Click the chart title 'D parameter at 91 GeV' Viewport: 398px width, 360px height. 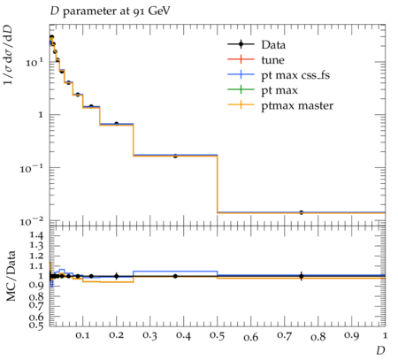[x=110, y=11]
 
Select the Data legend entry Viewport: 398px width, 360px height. [x=256, y=44]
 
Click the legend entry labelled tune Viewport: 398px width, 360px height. [x=256, y=60]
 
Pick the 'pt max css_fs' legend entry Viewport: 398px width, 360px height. [x=279, y=75]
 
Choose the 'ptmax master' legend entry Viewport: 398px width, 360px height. [x=280, y=105]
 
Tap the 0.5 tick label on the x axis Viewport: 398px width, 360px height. [x=217, y=336]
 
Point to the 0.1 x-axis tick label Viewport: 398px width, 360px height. [x=82, y=335]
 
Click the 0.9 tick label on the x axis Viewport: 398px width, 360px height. [x=351, y=336]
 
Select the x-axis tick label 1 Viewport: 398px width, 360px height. [x=385, y=335]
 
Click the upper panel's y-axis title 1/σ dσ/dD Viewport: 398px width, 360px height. [x=8, y=55]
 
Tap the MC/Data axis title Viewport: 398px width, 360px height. [x=11, y=276]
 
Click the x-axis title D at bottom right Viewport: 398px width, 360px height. [x=380, y=351]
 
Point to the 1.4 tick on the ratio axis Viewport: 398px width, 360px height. [x=35, y=235]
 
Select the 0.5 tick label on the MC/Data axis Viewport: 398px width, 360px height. [x=35, y=325]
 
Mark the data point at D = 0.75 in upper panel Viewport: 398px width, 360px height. [x=301, y=212]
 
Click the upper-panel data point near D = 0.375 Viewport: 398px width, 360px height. [x=175, y=156]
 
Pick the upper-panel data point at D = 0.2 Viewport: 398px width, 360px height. [x=117, y=124]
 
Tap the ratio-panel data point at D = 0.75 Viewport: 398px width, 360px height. [x=301, y=276]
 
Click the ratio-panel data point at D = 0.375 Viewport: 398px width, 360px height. [x=175, y=276]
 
